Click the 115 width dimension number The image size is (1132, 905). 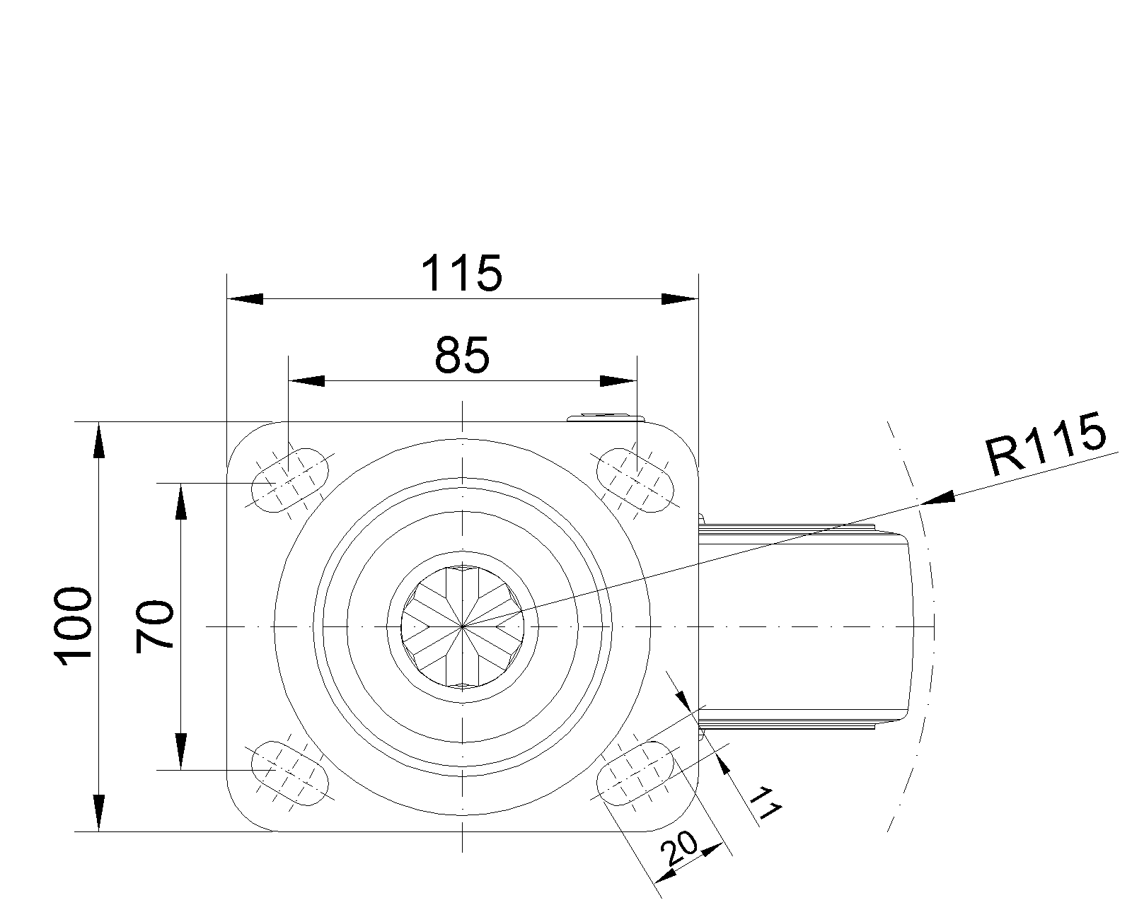click(x=462, y=274)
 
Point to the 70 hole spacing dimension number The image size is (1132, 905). click(x=154, y=627)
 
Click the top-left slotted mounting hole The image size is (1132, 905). click(x=290, y=480)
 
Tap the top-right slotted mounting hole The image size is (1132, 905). click(x=635, y=480)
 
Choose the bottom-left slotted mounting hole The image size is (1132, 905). click(x=290, y=773)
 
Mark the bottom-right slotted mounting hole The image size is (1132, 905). click(x=635, y=773)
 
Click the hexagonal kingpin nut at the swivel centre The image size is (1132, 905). click(x=463, y=626)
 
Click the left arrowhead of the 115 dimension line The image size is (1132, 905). click(x=245, y=298)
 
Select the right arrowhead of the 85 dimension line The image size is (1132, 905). click(x=618, y=381)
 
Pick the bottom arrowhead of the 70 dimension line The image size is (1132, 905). click(x=180, y=752)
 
